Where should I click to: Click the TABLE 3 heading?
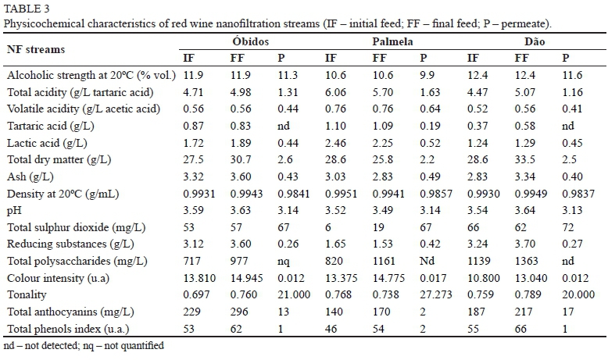pos(25,8)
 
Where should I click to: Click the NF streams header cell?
pos(36,48)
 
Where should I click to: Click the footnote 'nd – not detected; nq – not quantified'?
pos(83,344)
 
